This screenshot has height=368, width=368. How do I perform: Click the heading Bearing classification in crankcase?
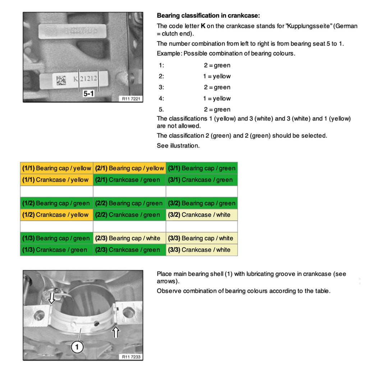(x=208, y=16)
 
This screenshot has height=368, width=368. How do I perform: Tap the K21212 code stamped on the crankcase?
(x=85, y=79)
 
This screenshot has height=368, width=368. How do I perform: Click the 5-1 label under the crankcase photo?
(x=88, y=93)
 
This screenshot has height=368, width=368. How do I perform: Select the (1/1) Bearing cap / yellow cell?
(x=57, y=168)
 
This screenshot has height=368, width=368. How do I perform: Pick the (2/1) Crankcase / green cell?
(x=129, y=180)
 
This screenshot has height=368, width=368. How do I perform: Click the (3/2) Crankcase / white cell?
(x=202, y=215)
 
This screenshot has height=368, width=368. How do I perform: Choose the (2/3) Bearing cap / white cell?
(x=129, y=238)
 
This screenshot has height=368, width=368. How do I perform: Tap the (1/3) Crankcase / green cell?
(x=57, y=250)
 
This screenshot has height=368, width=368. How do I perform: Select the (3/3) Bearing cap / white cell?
(x=202, y=238)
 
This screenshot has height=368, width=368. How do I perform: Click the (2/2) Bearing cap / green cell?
(x=129, y=203)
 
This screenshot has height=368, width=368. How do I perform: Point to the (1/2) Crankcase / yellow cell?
(x=57, y=215)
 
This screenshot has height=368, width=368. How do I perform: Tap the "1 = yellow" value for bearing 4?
(x=217, y=98)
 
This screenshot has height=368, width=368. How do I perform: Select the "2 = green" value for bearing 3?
(x=217, y=87)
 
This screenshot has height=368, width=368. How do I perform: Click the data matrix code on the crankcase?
(x=61, y=80)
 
